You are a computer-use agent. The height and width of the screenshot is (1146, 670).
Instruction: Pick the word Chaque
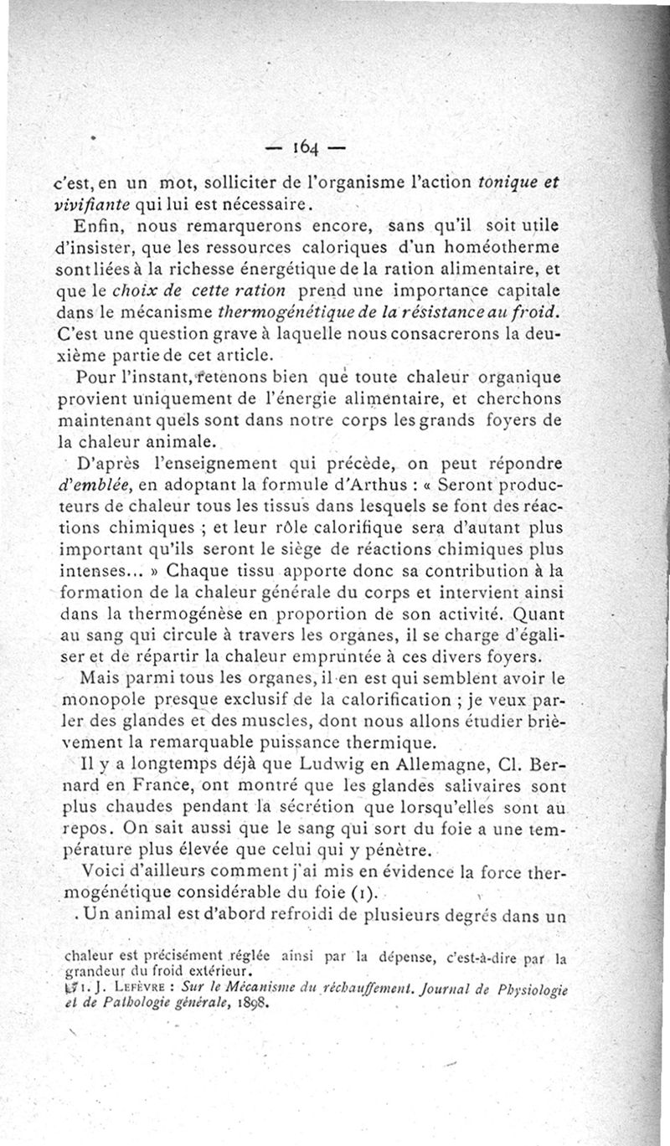tap(194, 572)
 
